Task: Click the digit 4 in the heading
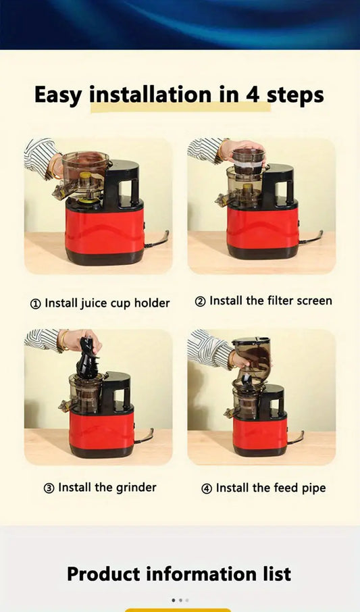253,95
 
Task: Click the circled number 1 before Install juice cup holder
35,304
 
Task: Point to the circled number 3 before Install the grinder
49,488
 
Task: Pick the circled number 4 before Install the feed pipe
207,488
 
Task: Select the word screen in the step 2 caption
314,301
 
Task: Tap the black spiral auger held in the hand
87,360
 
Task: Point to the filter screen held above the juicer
249,159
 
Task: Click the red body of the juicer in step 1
105,229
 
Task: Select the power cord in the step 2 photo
311,237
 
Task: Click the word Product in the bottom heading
103,574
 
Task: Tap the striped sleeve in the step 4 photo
211,349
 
